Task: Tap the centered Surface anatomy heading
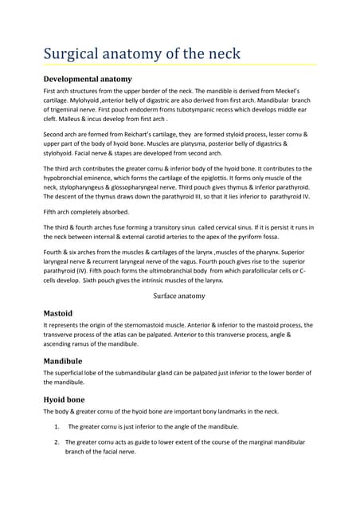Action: click(x=179, y=296)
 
